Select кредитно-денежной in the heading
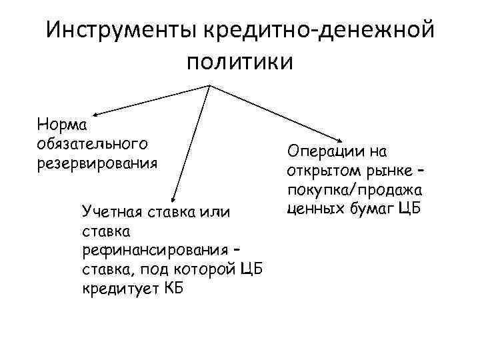(320, 30)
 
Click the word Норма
(59, 125)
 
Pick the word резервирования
(97, 162)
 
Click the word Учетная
(109, 213)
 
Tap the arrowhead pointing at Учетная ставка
(173, 197)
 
